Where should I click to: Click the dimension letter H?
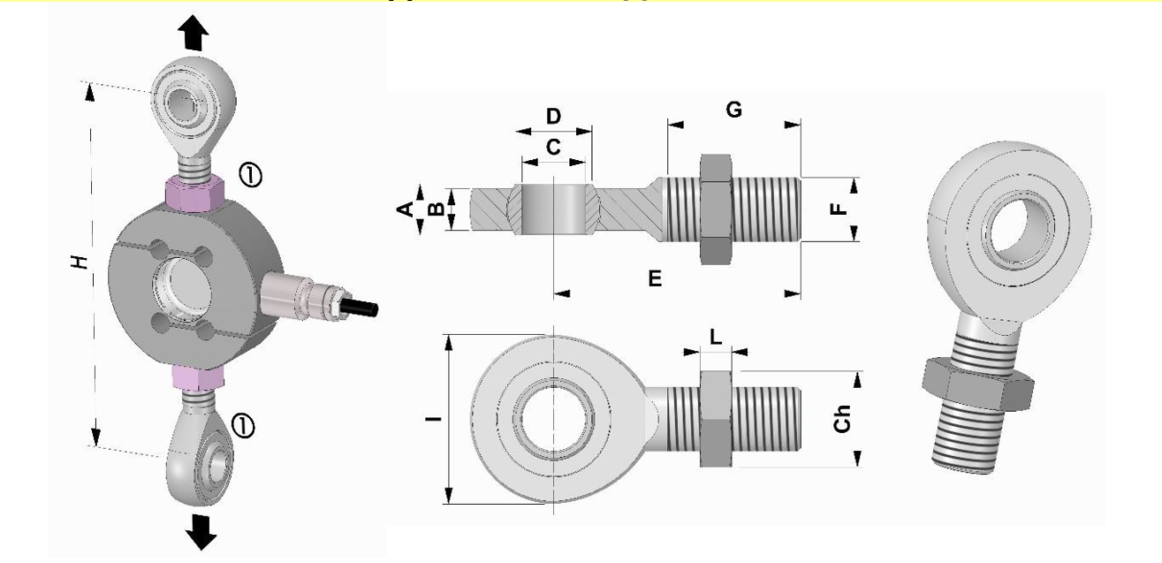click(x=80, y=262)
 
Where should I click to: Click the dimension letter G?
click(x=733, y=110)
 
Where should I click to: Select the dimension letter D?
click(x=553, y=117)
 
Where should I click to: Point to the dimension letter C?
click(x=553, y=148)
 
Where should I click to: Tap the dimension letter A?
click(x=405, y=209)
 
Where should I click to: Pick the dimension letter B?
click(x=435, y=209)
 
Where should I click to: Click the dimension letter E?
click(x=655, y=278)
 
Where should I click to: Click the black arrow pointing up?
click(x=194, y=33)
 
